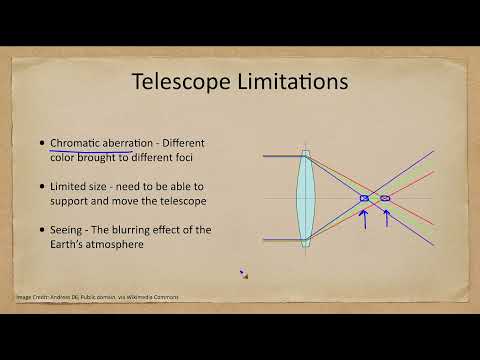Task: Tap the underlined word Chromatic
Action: tap(79, 144)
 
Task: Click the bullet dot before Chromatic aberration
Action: tap(41, 144)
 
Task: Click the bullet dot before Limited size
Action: tap(41, 187)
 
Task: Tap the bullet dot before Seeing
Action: tap(41, 230)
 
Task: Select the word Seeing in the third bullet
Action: tap(68, 230)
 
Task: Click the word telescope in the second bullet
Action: tap(177, 201)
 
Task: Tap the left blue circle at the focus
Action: tap(364, 199)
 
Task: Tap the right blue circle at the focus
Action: tap(385, 199)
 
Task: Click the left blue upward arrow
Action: tap(364, 217)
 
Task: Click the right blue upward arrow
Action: tap(386, 217)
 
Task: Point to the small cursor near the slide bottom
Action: tap(243, 274)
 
